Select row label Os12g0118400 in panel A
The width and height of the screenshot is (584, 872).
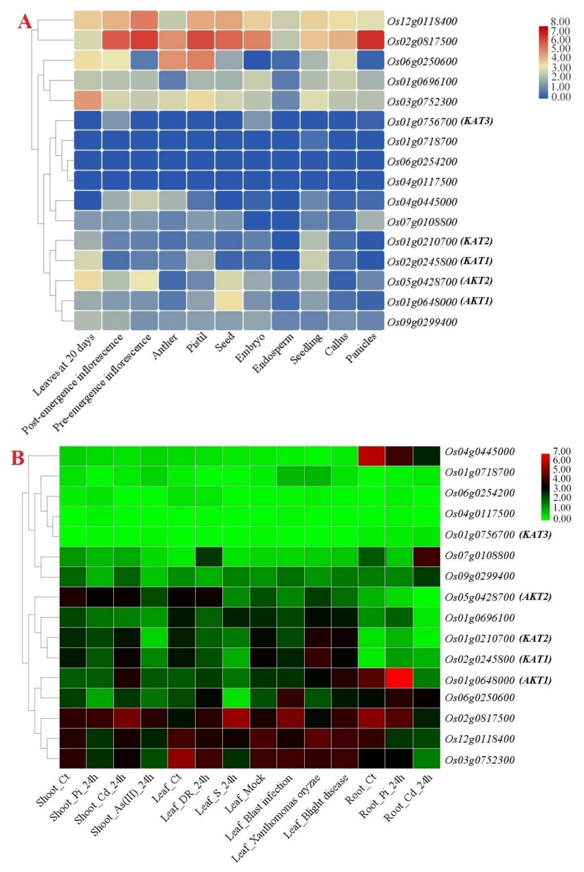pos(422,21)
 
